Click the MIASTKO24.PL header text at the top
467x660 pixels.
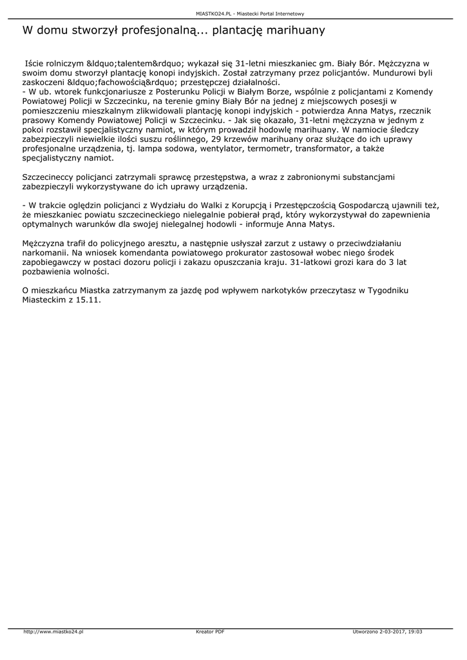216,13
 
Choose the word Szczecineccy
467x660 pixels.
52,177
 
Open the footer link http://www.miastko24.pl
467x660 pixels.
53,632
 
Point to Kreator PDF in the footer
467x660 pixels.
210,632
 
